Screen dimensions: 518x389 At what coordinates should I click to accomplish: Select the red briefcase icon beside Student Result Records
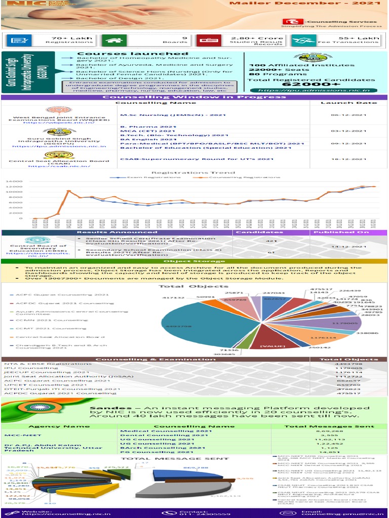pyautogui.click(x=205, y=40)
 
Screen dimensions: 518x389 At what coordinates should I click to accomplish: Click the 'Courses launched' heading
pyautogui.click(x=132, y=54)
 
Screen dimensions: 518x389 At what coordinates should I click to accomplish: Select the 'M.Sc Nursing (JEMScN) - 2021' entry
pyautogui.click(x=172, y=115)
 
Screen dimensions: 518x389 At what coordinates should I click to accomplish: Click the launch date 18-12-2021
pyautogui.click(x=348, y=158)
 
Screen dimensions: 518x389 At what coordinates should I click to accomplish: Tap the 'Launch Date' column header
pyautogui.click(x=348, y=103)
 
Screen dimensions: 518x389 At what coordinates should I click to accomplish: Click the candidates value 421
pyautogui.click(x=271, y=241)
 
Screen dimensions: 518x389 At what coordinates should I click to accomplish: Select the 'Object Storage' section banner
pyautogui.click(x=194, y=262)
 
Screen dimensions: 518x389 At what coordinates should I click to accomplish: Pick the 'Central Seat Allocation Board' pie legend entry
pyautogui.click(x=60, y=336)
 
